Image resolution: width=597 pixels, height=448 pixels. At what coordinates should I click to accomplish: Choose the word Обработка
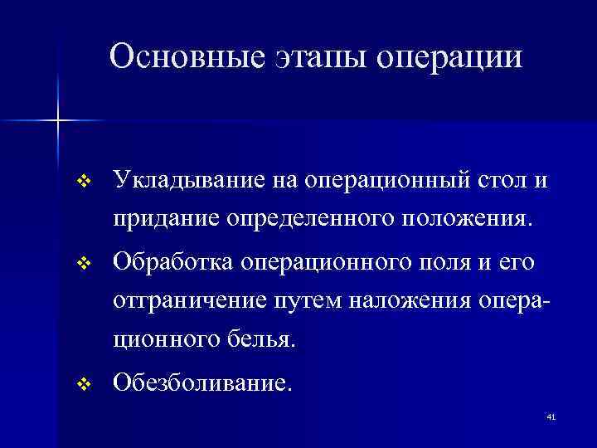point(174,261)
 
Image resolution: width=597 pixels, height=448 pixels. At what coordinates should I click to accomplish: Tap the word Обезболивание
point(202,382)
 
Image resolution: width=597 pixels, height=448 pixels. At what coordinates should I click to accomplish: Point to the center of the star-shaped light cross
point(58,121)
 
